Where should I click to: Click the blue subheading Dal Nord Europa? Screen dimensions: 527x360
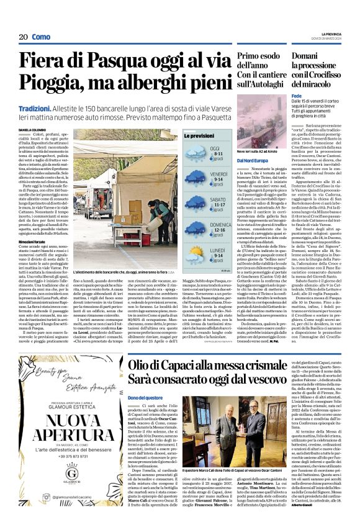pyautogui.click(x=252, y=161)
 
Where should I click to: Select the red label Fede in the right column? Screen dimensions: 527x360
pyautogui.click(x=296, y=97)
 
